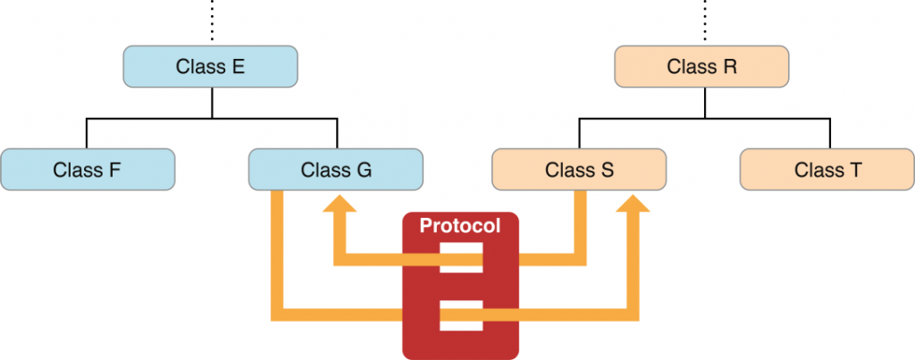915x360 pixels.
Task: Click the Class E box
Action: [210, 66]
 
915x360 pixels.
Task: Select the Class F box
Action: [88, 169]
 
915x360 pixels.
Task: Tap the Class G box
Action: [336, 169]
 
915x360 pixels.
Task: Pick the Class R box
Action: [701, 66]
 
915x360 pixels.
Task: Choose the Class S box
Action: [579, 169]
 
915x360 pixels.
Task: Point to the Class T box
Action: [827, 169]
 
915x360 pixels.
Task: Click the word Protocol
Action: [460, 225]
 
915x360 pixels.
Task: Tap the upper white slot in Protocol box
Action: [461, 258]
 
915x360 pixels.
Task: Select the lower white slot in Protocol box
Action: [461, 315]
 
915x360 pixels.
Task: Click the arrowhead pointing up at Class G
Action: [340, 203]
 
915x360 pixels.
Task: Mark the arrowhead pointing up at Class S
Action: [633, 203]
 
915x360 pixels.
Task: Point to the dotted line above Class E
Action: [212, 20]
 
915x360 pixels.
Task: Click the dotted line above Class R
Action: [704, 20]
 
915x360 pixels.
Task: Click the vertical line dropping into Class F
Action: [87, 133]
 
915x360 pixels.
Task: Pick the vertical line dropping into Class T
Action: [829, 133]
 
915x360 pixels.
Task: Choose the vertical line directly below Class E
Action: [212, 104]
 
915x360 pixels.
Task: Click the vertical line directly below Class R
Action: [704, 104]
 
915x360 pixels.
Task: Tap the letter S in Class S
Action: [607, 170]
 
